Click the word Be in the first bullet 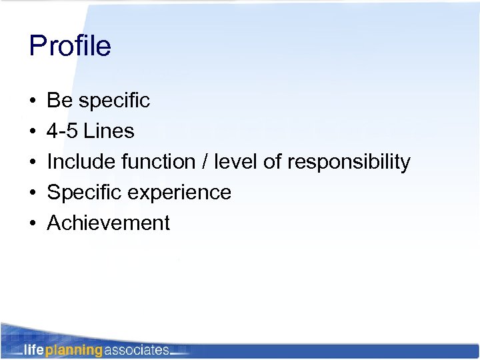click(x=59, y=101)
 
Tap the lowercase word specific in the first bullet click(x=114, y=101)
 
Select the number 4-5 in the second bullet click(x=63, y=131)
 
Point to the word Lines click(x=109, y=131)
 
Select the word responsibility click(x=349, y=163)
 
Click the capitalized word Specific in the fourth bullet click(x=83, y=193)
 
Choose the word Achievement click(x=109, y=223)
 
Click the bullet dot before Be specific click(x=33, y=101)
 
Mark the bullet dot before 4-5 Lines click(x=33, y=132)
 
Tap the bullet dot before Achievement click(x=33, y=224)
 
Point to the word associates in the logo click(x=137, y=349)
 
